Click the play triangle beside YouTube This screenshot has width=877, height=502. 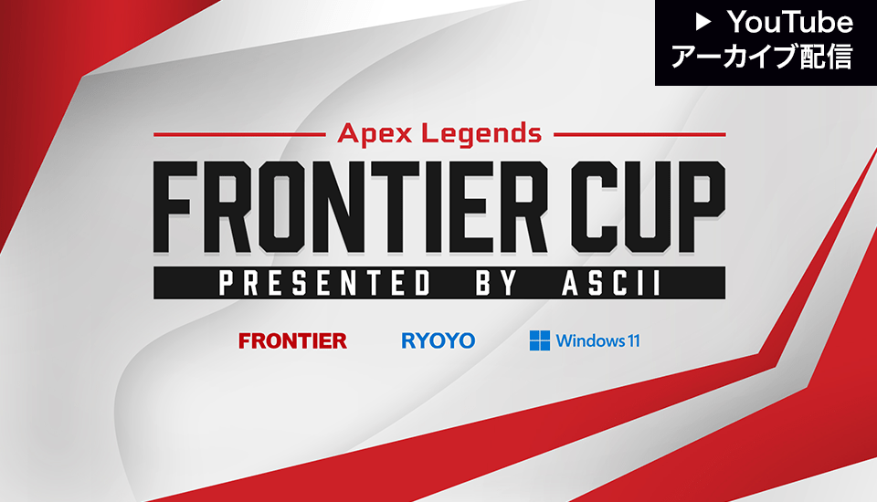703,22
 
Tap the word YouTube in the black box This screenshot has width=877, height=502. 790,22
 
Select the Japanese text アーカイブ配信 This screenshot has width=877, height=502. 762,57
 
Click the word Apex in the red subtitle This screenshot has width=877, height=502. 375,134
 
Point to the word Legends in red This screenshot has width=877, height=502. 481,134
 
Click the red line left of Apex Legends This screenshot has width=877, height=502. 239,135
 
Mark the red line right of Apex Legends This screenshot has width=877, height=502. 639,135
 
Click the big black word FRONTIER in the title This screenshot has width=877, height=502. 350,207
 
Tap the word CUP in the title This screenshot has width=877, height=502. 649,207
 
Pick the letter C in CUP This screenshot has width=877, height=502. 594,207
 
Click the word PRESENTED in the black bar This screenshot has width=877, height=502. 324,283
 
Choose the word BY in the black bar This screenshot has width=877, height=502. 496,283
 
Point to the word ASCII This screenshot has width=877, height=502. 611,283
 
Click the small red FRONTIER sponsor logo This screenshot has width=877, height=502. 292,340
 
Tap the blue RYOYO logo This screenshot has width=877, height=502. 438,340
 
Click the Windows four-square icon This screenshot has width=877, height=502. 540,340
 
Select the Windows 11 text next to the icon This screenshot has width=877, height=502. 597,340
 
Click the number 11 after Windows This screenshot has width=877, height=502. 634,340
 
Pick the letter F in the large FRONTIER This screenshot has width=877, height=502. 175,207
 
